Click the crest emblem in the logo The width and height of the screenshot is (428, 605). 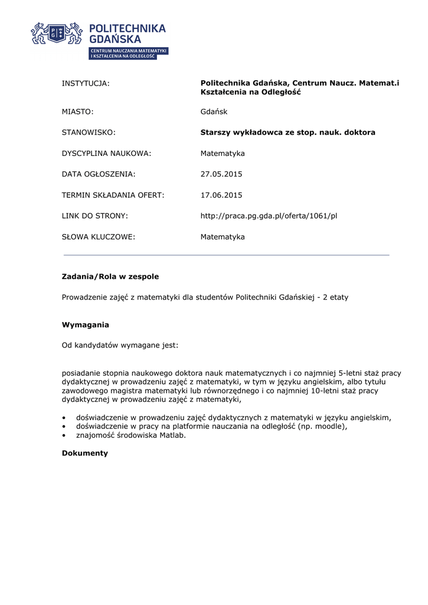[x=57, y=34]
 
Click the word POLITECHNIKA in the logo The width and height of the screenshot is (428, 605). [x=127, y=28]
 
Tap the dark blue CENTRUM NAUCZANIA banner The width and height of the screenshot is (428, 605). [x=129, y=53]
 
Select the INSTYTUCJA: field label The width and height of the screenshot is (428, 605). [x=86, y=83]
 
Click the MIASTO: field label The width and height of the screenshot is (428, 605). [x=78, y=112]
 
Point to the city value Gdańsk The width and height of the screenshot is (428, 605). [x=214, y=112]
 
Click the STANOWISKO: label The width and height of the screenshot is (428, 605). [x=89, y=132]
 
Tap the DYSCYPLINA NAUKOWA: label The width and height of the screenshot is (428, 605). [x=106, y=154]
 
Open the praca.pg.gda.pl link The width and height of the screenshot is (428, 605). [x=269, y=216]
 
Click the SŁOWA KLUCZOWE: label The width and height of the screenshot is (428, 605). [x=99, y=237]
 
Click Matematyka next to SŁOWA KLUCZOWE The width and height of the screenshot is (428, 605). [x=223, y=237]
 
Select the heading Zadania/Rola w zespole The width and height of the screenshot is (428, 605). [x=110, y=277]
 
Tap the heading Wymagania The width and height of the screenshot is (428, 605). [x=86, y=325]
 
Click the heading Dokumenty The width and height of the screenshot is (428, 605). [x=85, y=453]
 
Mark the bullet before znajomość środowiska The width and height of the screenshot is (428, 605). [x=64, y=436]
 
